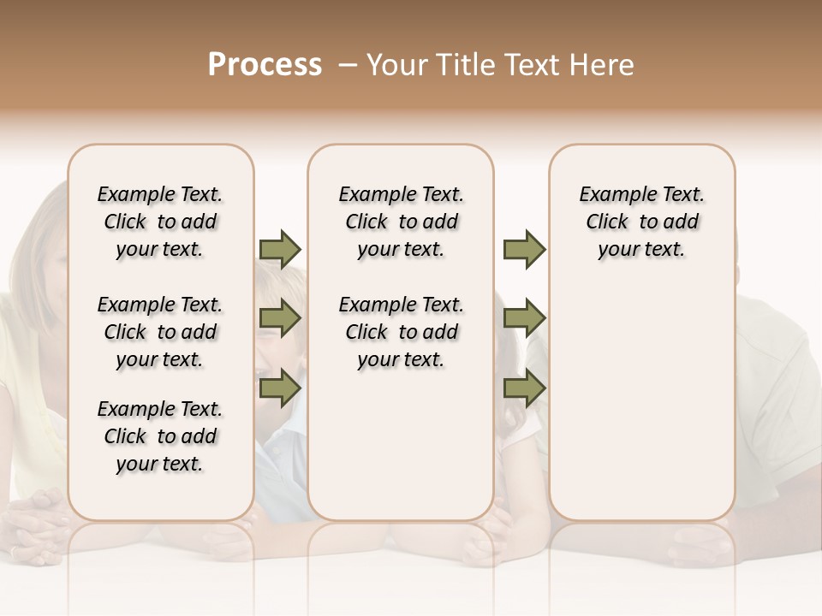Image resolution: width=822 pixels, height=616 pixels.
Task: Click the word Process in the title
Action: tap(265, 65)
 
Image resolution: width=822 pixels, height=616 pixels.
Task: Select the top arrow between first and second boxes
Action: tap(280, 249)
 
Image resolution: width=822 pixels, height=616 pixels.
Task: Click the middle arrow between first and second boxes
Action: tap(280, 319)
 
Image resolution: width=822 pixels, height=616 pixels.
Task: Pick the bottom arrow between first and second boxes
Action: tap(280, 388)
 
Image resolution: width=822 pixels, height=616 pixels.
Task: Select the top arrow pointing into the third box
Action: tap(524, 249)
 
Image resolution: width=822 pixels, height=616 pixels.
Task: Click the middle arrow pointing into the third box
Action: tap(524, 319)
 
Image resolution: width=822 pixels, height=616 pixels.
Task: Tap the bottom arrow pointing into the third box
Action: tap(524, 388)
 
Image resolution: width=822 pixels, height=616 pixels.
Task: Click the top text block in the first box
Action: tap(160, 222)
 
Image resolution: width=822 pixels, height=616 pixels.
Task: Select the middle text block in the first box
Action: tap(160, 332)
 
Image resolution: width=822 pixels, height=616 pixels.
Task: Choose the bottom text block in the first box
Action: tap(160, 436)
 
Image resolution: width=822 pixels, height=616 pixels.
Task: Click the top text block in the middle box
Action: tap(401, 222)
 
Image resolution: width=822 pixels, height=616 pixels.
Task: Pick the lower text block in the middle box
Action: tap(401, 332)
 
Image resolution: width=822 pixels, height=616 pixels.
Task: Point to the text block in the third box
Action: tap(641, 222)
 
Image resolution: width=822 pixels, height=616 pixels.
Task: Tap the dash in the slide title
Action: tap(347, 65)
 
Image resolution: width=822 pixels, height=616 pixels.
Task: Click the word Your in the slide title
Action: tap(396, 65)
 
